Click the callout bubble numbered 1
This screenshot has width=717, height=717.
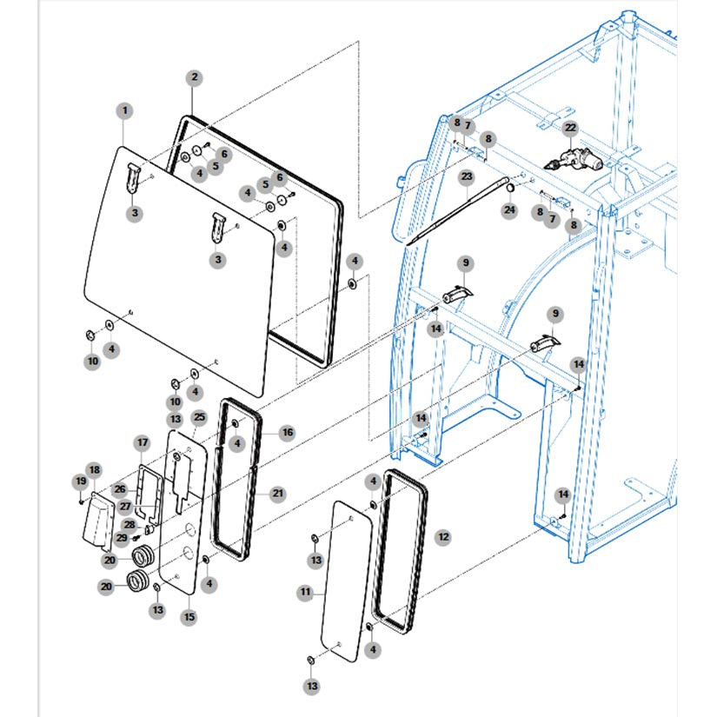pyautogui.click(x=125, y=111)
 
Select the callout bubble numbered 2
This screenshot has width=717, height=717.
pyautogui.click(x=195, y=77)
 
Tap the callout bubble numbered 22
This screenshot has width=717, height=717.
pyautogui.click(x=570, y=128)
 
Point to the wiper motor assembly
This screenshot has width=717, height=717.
pyautogui.click(x=574, y=161)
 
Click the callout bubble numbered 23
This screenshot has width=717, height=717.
pyautogui.click(x=467, y=176)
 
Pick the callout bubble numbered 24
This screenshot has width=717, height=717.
pyautogui.click(x=509, y=210)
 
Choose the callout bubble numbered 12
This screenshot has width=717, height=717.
pyautogui.click(x=443, y=537)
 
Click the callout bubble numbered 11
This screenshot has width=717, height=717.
pyautogui.click(x=305, y=593)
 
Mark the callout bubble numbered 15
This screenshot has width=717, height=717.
pyautogui.click(x=189, y=617)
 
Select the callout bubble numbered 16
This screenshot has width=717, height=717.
pyautogui.click(x=287, y=433)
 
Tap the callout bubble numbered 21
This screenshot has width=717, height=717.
pyautogui.click(x=278, y=494)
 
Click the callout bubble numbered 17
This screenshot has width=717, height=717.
pyautogui.click(x=143, y=442)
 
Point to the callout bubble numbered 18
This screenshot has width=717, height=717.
pyautogui.click(x=94, y=470)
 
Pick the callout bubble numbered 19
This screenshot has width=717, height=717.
pyautogui.click(x=81, y=481)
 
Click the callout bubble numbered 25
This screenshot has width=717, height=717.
pyautogui.click(x=199, y=417)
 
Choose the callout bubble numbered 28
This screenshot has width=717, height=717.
pyautogui.click(x=129, y=525)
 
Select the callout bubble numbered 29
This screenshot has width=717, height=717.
pyautogui.click(x=122, y=538)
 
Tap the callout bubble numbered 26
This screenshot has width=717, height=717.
pyautogui.click(x=120, y=489)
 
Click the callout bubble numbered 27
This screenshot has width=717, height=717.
pyautogui.click(x=126, y=507)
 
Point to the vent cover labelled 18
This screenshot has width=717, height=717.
pyautogui.click(x=98, y=521)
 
